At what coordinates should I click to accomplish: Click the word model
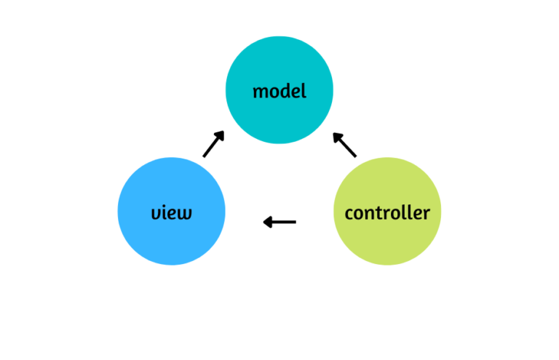279,92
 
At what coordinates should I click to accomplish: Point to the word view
172,213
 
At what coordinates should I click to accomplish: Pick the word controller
386,213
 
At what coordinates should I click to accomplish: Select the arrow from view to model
213,144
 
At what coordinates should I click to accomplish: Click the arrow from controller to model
345,145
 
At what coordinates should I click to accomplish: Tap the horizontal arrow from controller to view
279,222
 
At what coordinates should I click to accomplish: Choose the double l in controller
405,212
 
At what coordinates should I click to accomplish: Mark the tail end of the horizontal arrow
294,222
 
